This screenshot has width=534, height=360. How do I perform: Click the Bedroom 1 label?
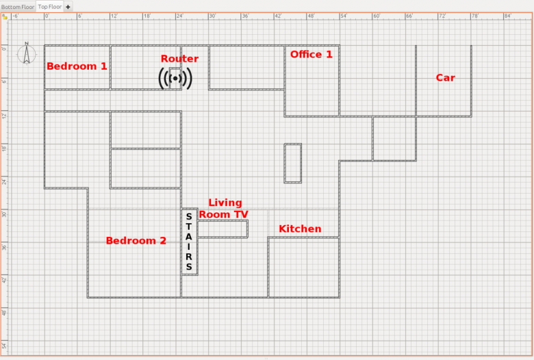coord(77,66)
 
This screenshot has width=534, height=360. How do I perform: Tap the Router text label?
coord(179,59)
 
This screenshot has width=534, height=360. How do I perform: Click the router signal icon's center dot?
coord(175,78)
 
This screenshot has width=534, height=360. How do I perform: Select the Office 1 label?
coord(311,55)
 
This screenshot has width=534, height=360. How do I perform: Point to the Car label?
coord(446,77)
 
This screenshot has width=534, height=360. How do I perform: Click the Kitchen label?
coord(300,229)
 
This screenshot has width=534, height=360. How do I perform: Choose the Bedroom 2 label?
coord(136,240)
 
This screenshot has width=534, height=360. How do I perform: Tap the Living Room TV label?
coord(224,209)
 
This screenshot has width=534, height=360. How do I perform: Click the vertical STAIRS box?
coord(190,242)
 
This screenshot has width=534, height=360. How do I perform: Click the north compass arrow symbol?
coord(27,53)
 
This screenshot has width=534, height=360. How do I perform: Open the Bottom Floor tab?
coord(18,7)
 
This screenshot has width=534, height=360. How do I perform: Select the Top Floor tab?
coord(50,6)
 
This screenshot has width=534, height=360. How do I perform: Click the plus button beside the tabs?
coord(68,7)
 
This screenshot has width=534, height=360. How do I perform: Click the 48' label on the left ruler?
coord(4,312)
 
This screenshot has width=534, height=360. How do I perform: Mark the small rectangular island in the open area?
coord(293,164)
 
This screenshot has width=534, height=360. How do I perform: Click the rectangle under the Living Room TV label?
coord(222,229)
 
